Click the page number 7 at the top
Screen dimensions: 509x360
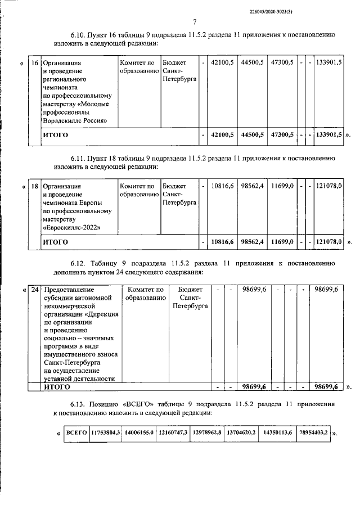click(194, 22)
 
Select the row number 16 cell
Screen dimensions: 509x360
click(35, 63)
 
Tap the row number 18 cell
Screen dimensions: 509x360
click(35, 186)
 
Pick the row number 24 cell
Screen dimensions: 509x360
click(35, 290)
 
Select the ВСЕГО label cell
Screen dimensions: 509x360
click(76, 433)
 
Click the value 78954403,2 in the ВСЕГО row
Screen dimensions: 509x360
click(313, 433)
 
